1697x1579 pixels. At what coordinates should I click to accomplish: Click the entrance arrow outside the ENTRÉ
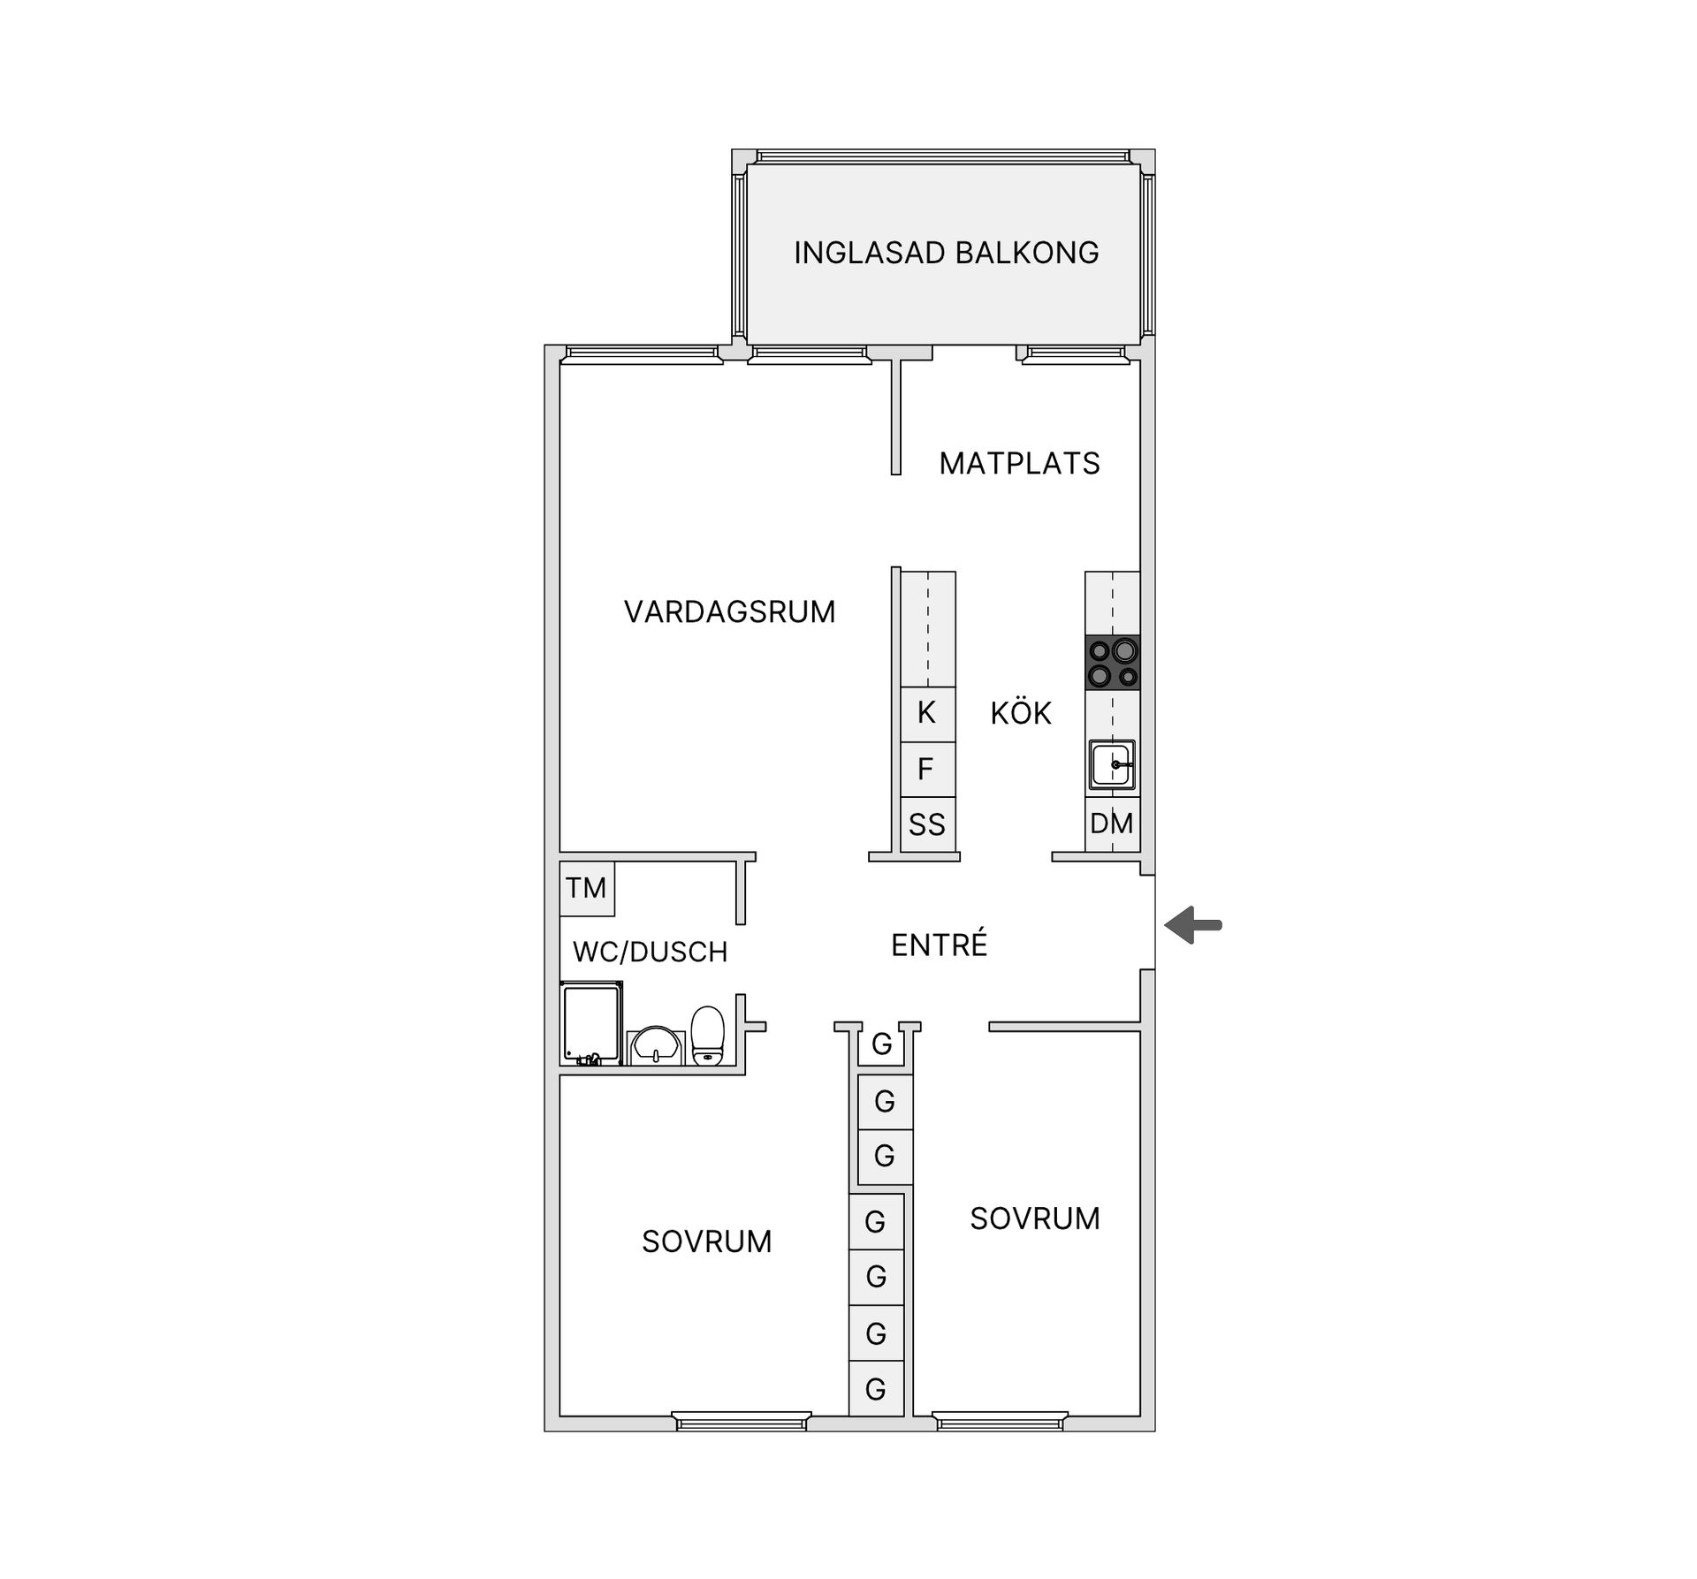[1193, 925]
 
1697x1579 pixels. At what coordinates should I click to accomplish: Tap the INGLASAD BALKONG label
[946, 253]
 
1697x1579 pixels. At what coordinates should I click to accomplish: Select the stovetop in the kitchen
[1113, 663]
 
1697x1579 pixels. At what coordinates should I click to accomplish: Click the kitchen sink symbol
[1112, 764]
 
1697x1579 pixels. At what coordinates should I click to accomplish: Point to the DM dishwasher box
[1113, 824]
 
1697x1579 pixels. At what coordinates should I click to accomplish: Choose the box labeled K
[928, 714]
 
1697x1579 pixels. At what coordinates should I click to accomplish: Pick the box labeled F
[928, 769]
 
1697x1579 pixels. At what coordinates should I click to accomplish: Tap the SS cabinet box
[928, 824]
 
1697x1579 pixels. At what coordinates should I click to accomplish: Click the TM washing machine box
[587, 888]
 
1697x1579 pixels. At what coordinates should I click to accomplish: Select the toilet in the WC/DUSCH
[707, 1036]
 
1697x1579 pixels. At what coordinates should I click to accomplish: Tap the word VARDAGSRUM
[729, 611]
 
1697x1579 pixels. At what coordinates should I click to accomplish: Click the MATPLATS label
[1019, 463]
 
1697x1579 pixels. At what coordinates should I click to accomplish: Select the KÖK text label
[1021, 712]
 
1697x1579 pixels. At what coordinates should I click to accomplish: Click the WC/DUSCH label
[651, 952]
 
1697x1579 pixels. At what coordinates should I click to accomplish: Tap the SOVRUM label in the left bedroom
[706, 1241]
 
